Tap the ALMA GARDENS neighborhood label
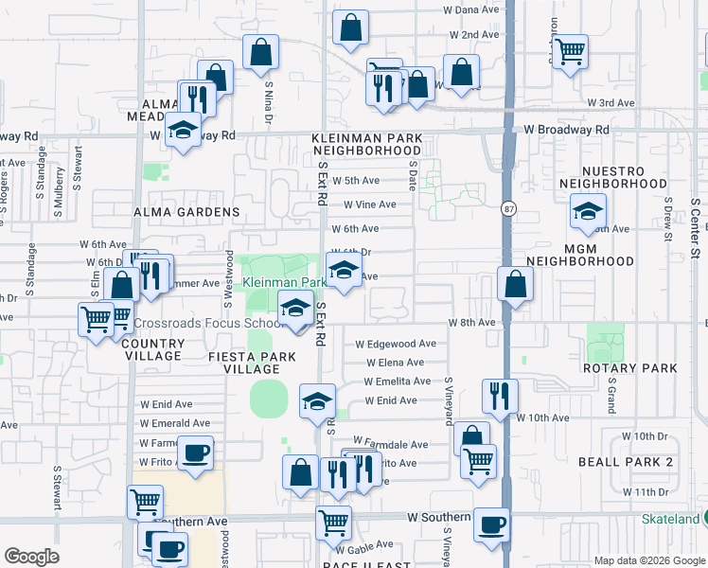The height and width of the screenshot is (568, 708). (186, 212)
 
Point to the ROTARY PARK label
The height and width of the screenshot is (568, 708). (629, 367)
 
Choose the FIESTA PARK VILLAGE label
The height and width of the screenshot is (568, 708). (252, 363)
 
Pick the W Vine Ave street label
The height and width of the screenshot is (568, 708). (369, 204)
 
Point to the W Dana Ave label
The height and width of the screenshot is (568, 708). (470, 9)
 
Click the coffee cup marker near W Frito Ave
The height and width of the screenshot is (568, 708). (196, 452)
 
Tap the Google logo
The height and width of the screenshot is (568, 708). (32, 557)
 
